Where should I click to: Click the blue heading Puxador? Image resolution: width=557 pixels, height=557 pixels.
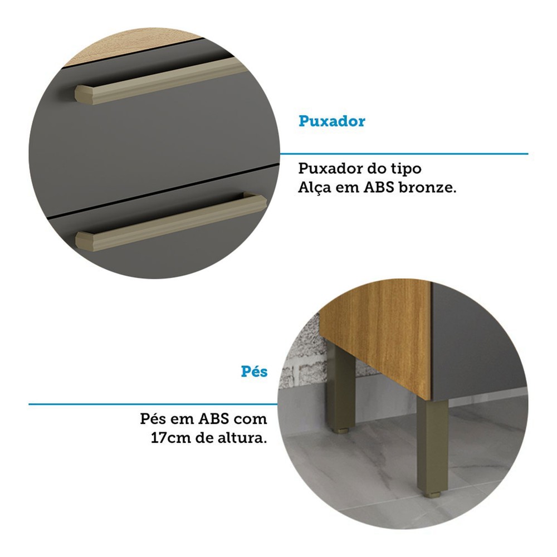tap(331, 121)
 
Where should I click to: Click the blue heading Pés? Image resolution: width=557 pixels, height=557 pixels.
tap(254, 372)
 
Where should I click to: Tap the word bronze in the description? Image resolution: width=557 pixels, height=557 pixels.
tap(427, 188)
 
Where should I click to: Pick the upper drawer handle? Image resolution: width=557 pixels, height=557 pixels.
tap(162, 82)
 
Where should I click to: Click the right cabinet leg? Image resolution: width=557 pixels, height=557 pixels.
tap(432, 447)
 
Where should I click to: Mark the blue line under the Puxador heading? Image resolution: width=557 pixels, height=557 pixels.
tap(404, 154)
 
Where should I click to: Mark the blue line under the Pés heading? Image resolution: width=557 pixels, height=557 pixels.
tap(153, 404)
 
